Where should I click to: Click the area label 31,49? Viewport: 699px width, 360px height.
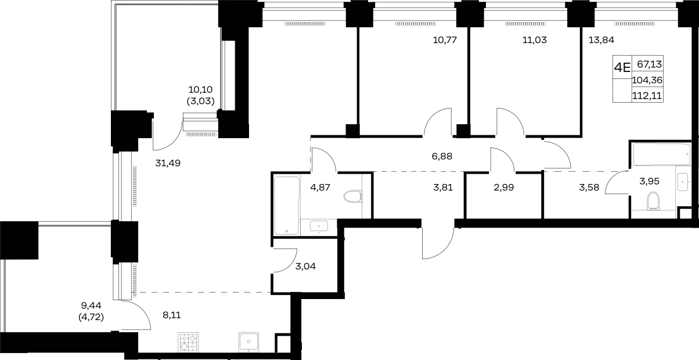[x=168, y=163]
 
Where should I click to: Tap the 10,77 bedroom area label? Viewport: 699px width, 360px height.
[x=445, y=40]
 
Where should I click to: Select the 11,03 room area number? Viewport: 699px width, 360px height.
[x=535, y=40]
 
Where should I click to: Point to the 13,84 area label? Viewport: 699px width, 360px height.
[x=601, y=40]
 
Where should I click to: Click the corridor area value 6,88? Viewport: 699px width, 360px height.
[x=442, y=156]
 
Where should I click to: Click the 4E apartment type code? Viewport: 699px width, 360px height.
[x=622, y=67]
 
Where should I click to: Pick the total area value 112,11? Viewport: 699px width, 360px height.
[x=647, y=96]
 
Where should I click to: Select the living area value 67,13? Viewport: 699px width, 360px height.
[x=650, y=64]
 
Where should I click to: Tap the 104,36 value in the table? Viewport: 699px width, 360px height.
[x=647, y=80]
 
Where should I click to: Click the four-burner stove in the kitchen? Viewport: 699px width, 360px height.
[x=188, y=342]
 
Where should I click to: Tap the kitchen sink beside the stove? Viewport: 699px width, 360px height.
[x=248, y=342]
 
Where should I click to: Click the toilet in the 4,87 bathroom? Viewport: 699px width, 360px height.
[x=353, y=196]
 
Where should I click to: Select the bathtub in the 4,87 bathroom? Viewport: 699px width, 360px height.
[x=287, y=206]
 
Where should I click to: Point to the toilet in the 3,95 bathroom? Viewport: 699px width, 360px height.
[x=653, y=201]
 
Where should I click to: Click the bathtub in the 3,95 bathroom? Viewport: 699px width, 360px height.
[x=662, y=154]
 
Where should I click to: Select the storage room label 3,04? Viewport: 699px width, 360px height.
[x=305, y=267]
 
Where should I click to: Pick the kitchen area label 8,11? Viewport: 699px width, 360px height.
[x=172, y=315]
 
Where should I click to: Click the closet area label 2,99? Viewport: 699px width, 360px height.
[x=504, y=188]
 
